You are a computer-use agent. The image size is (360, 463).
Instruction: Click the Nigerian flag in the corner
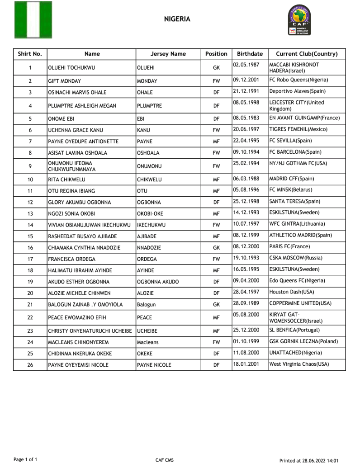tap(33, 20)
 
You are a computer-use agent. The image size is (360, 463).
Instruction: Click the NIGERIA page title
tap(177, 19)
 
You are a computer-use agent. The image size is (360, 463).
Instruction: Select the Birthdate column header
tap(250, 54)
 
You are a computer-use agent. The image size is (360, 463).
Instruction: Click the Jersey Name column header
tap(168, 54)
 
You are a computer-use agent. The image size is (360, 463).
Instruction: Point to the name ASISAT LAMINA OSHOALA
tap(75, 153)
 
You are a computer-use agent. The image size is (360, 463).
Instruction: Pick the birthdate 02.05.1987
tap(246, 65)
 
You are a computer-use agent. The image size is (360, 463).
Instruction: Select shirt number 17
tap(30, 259)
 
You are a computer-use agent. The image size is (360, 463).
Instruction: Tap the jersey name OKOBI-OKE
tap(150, 213)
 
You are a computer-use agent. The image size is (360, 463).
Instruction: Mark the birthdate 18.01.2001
tap(246, 364)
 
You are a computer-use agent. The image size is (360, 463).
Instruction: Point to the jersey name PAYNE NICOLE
tap(154, 365)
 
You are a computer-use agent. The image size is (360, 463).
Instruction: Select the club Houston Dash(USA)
tap(292, 292)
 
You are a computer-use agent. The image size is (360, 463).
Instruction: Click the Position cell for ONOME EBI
tap(216, 119)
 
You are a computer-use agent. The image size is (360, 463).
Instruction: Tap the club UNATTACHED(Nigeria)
tap(296, 353)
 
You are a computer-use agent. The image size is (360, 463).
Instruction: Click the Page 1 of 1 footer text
tap(25, 459)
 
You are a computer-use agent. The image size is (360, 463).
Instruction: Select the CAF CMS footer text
tap(165, 460)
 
